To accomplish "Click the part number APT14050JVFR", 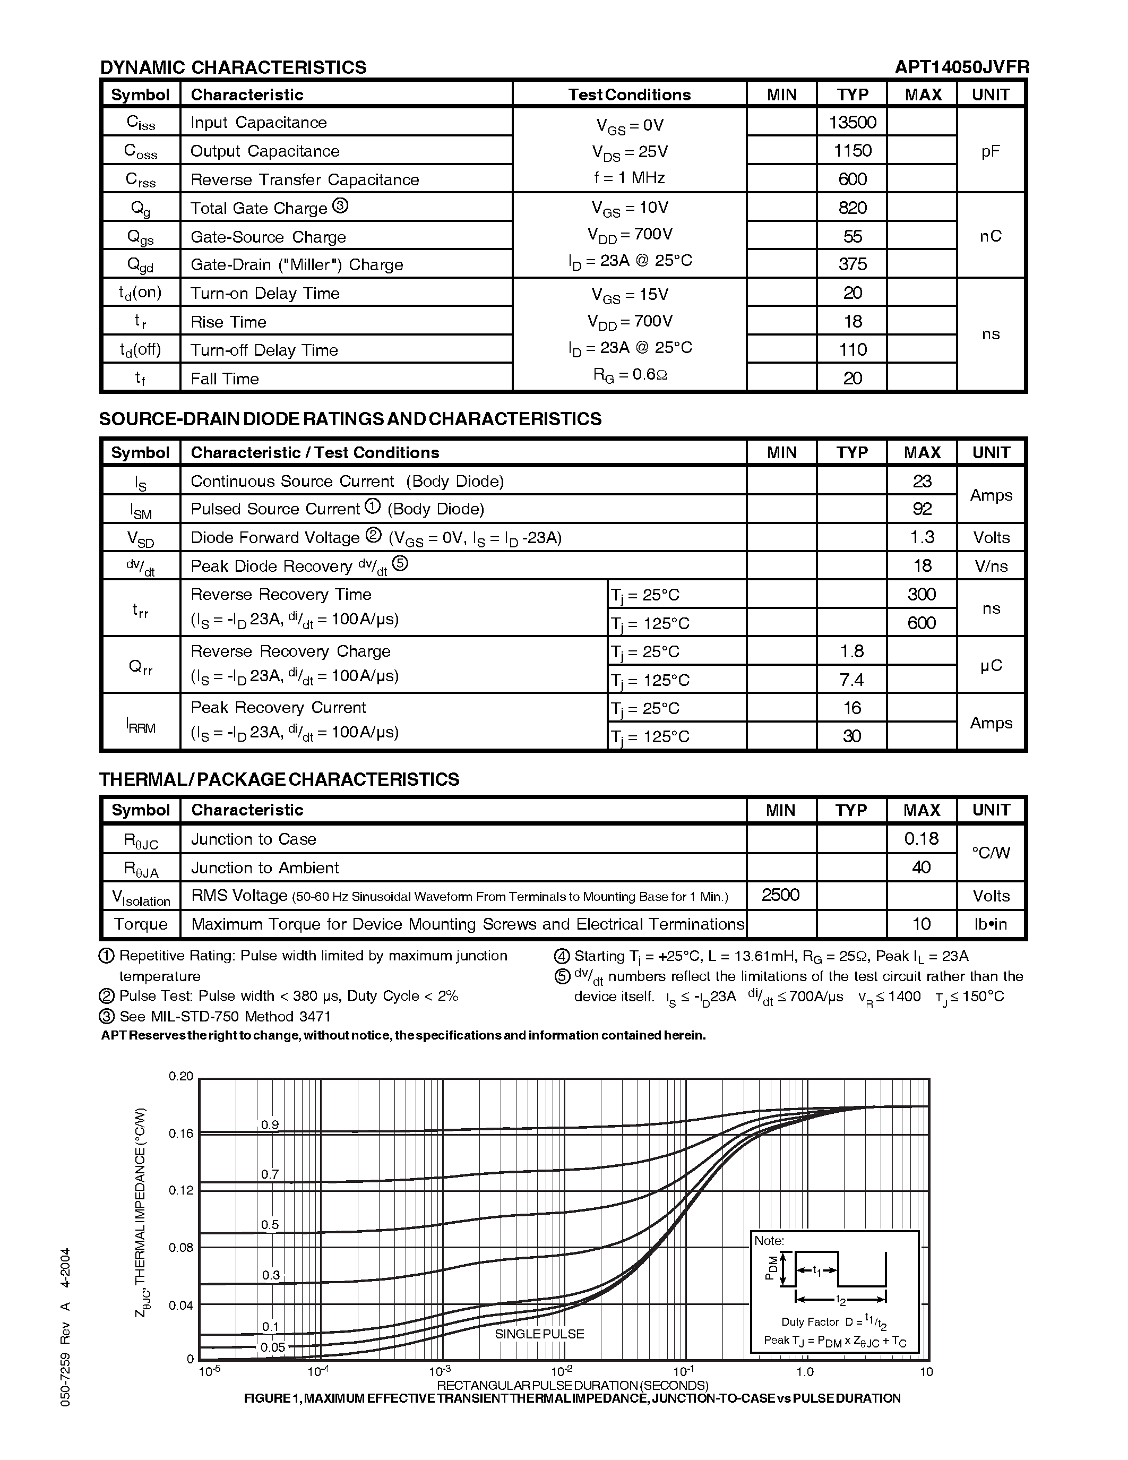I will tap(962, 67).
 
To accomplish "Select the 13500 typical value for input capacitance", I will tap(852, 122).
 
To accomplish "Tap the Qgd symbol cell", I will tap(140, 265).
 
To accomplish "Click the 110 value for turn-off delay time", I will tap(852, 350).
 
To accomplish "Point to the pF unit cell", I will tap(991, 151).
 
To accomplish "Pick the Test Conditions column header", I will tap(629, 95).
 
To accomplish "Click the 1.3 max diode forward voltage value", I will tap(922, 537).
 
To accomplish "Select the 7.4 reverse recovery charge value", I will tap(851, 680).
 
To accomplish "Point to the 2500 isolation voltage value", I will tap(780, 895).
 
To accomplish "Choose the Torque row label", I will tap(140, 924).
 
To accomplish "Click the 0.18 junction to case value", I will tap(921, 838).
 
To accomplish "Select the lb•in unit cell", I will tap(991, 924).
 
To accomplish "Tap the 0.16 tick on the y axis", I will tap(180, 1133).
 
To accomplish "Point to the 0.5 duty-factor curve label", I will tap(270, 1225).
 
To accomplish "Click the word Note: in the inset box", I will tap(769, 1241).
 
